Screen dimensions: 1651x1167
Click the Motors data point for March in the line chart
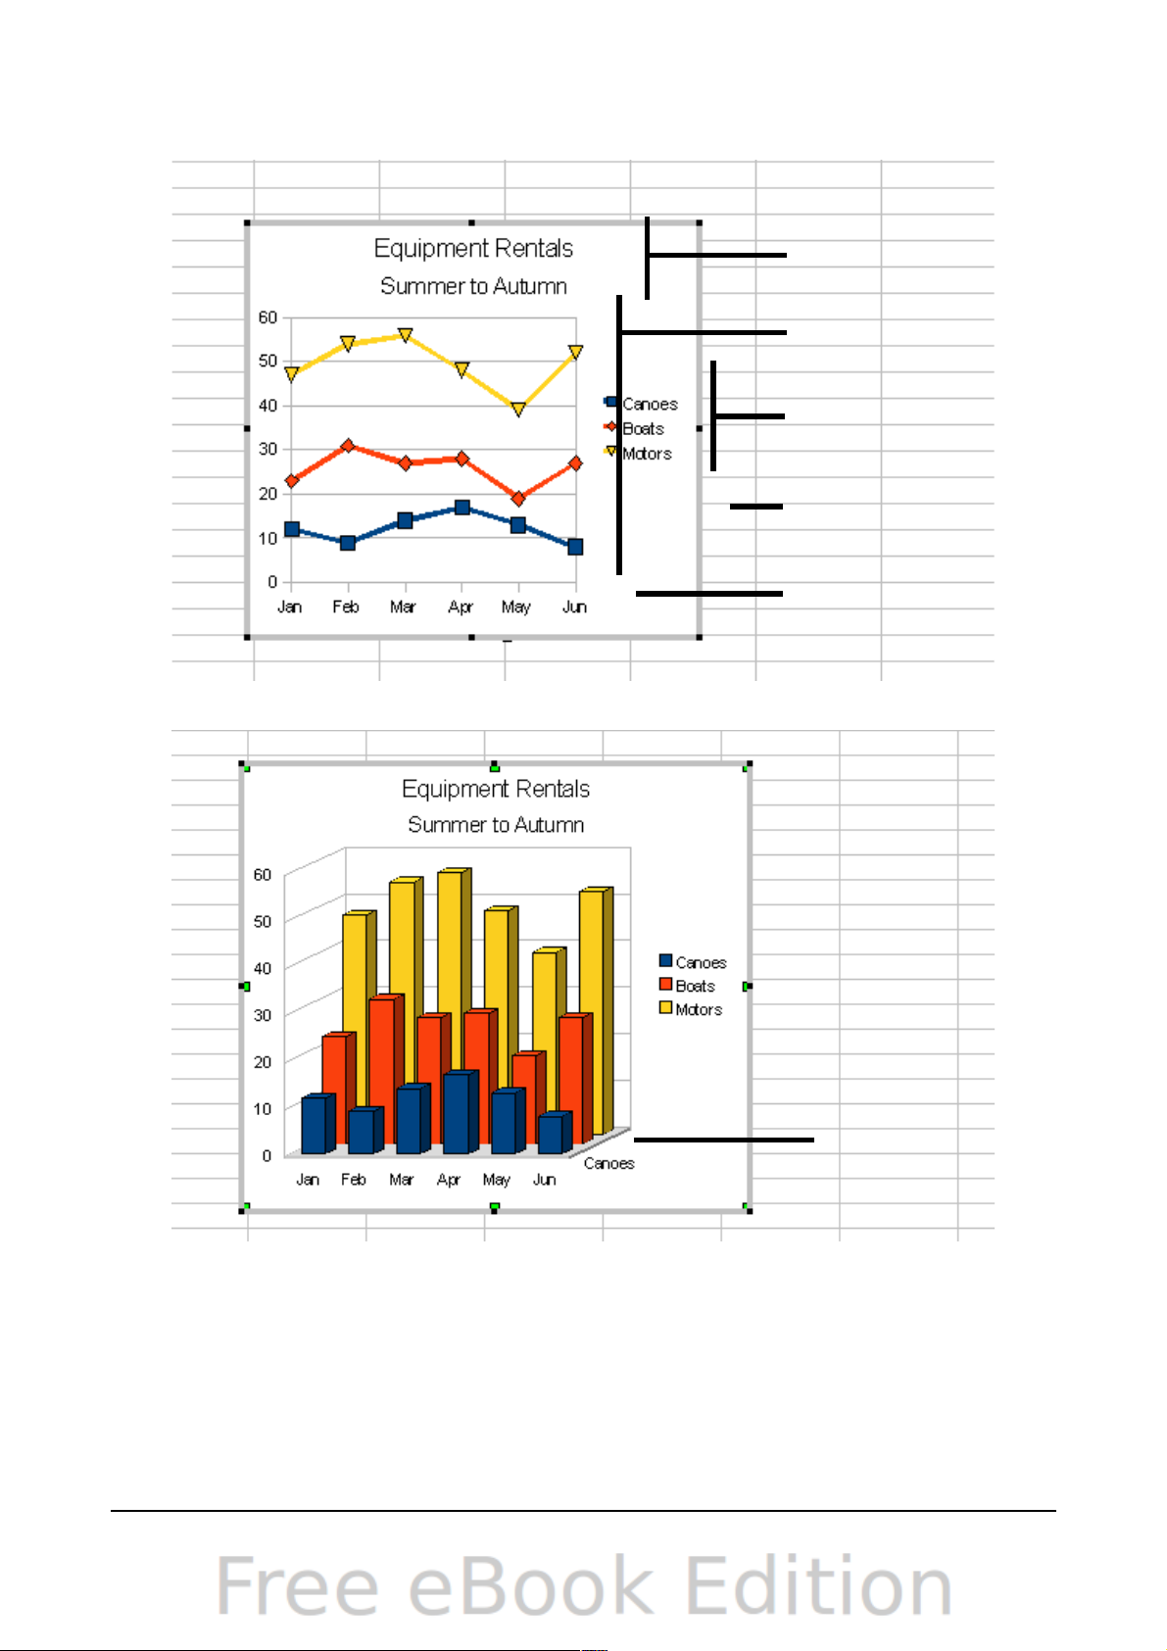tap(405, 335)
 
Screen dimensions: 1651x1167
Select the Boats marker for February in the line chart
tap(348, 446)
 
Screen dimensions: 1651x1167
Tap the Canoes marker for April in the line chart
tap(462, 508)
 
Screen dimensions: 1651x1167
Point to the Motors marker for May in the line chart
tap(518, 410)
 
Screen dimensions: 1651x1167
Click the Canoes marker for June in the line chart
tap(575, 547)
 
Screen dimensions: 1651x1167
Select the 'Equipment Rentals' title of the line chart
tap(473, 249)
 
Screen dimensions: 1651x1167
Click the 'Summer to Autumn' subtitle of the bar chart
tap(496, 825)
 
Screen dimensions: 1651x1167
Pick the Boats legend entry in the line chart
tap(643, 429)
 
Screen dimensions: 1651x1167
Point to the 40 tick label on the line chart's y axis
tap(267, 406)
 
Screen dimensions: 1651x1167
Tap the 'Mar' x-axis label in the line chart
tap(403, 607)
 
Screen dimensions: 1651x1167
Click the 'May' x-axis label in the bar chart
tap(496, 1180)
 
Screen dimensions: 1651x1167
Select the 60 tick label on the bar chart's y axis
tap(262, 875)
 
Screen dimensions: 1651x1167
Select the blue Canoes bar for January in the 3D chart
tap(314, 1126)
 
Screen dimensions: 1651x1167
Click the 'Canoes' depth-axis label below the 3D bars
tap(608, 1164)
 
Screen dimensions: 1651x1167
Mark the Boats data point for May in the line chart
tap(518, 499)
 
